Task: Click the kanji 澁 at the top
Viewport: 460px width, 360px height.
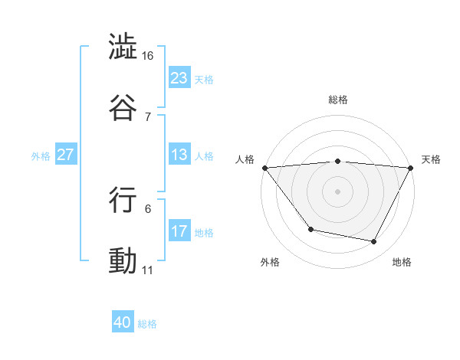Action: tap(123, 47)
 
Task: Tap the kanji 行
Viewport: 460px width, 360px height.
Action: tap(123, 198)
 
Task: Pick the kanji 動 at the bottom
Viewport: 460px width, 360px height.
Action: tap(123, 260)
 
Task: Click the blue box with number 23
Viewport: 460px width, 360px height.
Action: tap(179, 78)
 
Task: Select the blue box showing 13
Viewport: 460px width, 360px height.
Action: tap(179, 155)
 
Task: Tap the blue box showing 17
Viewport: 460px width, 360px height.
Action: tap(179, 231)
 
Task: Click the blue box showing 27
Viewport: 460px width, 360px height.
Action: tap(66, 155)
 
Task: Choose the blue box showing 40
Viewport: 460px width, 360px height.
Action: tap(123, 323)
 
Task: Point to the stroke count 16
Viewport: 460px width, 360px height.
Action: tap(149, 57)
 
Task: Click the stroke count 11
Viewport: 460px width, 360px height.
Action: tap(147, 270)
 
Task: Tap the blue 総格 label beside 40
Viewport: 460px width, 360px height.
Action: tap(147, 324)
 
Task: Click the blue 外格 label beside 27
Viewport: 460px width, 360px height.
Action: tap(41, 155)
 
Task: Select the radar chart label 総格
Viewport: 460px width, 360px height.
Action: tap(338, 100)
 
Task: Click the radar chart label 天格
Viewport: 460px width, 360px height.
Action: tap(431, 159)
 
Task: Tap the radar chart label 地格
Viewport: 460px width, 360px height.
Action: tap(402, 262)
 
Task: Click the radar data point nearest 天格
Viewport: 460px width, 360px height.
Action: tap(411, 167)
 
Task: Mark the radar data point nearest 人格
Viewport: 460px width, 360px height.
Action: tap(264, 167)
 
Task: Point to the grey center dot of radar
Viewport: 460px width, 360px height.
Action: tap(338, 191)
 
